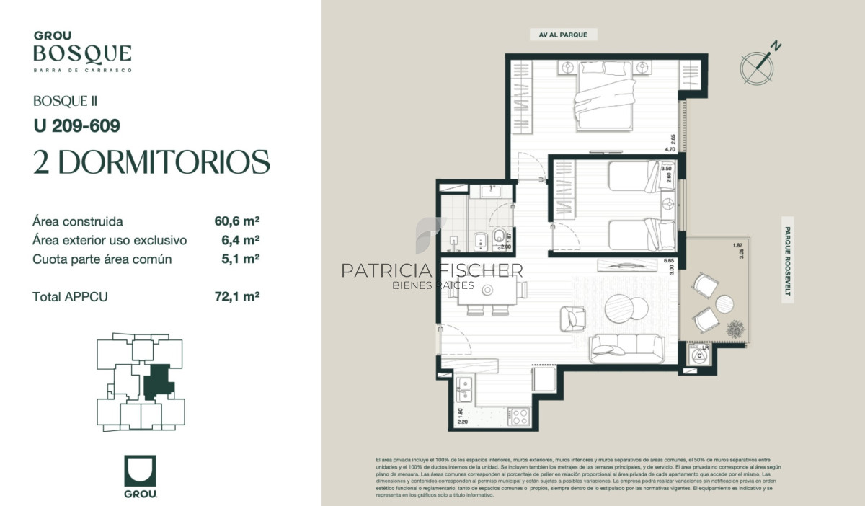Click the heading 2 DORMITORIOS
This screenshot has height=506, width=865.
click(151, 162)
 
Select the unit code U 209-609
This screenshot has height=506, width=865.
click(76, 125)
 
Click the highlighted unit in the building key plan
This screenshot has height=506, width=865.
click(157, 382)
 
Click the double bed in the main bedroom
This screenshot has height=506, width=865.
click(604, 97)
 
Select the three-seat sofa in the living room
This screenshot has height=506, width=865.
click(627, 349)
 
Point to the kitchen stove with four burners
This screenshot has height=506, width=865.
click(519, 416)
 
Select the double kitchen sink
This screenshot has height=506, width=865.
click(465, 389)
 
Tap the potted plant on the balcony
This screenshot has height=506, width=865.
click(736, 329)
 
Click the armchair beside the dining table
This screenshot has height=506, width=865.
click(574, 317)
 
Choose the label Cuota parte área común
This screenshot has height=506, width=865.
click(102, 259)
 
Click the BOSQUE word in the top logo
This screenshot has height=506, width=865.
click(82, 53)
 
